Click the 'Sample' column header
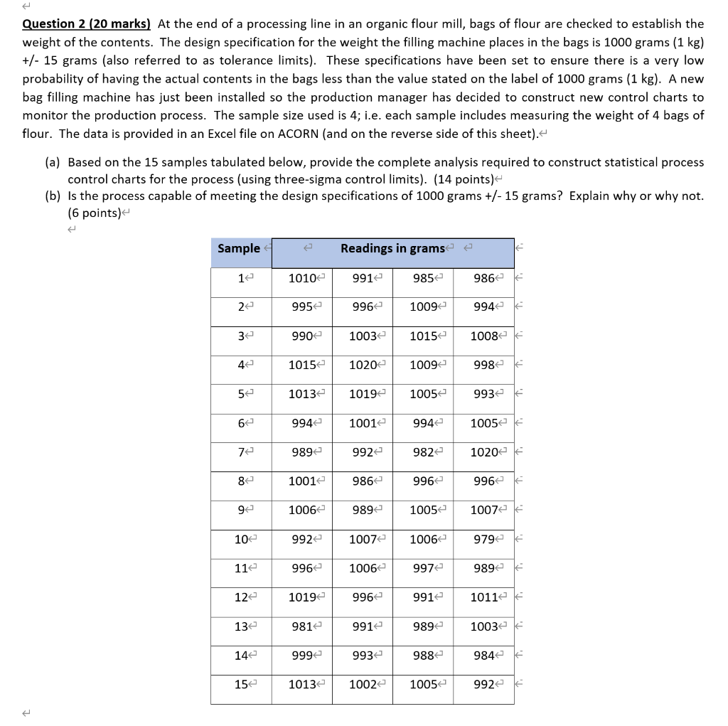(239, 248)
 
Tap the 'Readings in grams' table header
(392, 248)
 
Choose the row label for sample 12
(241, 598)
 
